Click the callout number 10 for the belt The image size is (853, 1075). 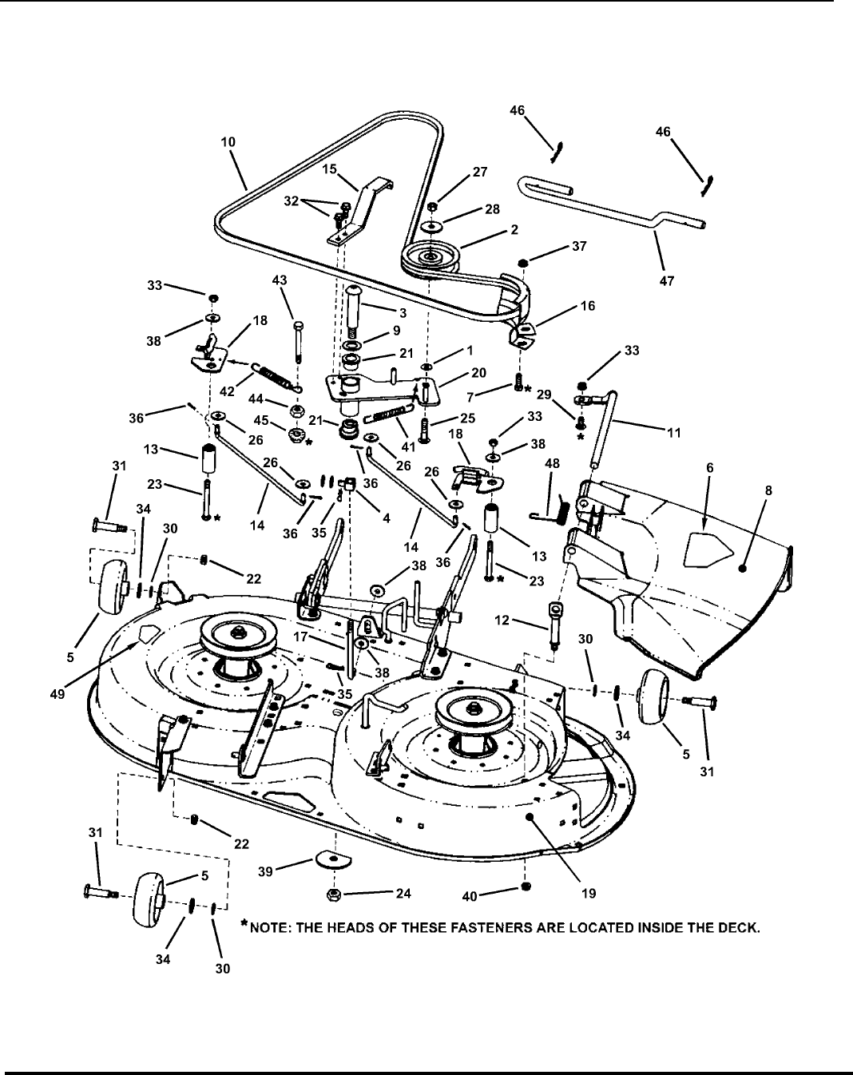(228, 141)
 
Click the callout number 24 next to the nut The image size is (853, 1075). (403, 894)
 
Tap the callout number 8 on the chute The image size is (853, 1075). (768, 491)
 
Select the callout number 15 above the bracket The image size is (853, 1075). (329, 169)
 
